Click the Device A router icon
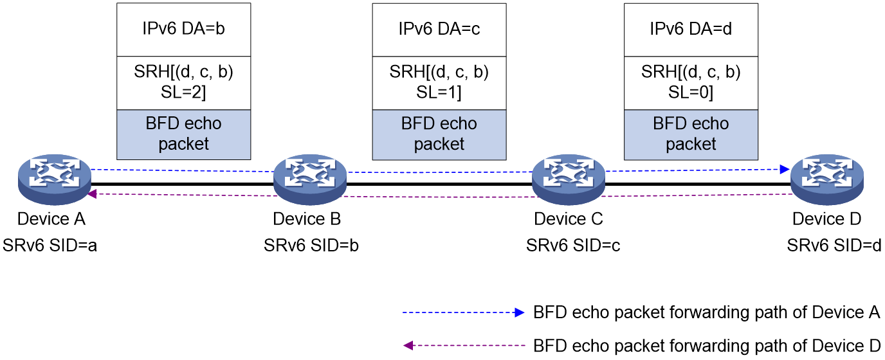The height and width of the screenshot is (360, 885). (x=55, y=179)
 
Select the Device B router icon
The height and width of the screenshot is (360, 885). (x=310, y=179)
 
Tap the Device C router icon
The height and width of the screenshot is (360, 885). (x=569, y=179)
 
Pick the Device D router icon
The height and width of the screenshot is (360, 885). (x=827, y=179)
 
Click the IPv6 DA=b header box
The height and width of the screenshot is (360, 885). (x=184, y=30)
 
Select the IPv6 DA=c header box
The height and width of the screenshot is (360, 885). (x=439, y=30)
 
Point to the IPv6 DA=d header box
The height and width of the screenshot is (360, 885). (x=691, y=30)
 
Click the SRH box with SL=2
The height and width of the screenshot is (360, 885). (x=184, y=83)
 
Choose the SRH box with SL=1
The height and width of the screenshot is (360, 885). (x=439, y=84)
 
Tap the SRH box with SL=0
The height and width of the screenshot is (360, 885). (x=691, y=84)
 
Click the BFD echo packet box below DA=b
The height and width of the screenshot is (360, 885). (x=184, y=134)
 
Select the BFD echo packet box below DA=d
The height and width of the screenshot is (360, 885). (x=691, y=135)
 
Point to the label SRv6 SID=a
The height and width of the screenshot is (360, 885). (x=50, y=246)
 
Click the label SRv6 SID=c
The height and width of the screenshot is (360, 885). (x=573, y=246)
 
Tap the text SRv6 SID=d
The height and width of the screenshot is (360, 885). (x=834, y=246)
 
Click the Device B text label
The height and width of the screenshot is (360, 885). (x=307, y=219)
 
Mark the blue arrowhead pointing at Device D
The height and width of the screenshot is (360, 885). (x=785, y=170)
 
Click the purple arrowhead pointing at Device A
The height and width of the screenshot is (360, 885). (x=92, y=194)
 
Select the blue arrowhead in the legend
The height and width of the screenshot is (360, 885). (x=520, y=312)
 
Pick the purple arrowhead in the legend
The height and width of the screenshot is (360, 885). (x=408, y=346)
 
